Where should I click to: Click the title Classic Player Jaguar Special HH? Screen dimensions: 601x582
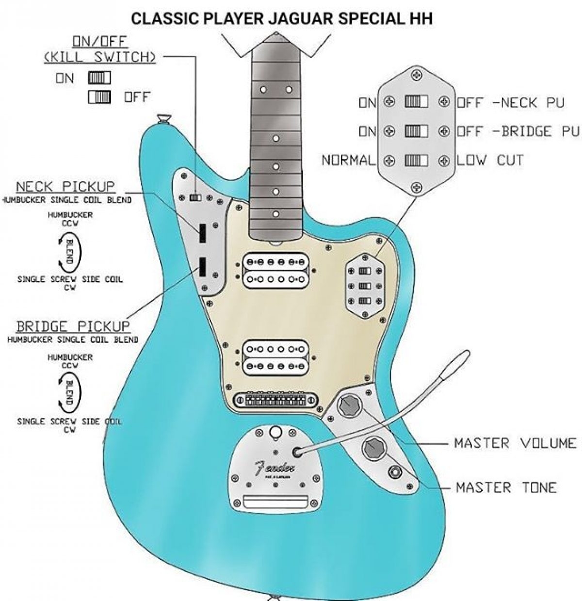click(x=282, y=18)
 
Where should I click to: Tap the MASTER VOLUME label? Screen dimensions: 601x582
click(x=515, y=443)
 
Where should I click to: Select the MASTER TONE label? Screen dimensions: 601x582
click(x=506, y=487)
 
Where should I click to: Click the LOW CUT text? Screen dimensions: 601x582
click(x=490, y=160)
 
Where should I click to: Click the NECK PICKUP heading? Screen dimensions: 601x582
click(x=65, y=187)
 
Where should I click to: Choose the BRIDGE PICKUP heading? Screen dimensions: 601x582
click(x=73, y=325)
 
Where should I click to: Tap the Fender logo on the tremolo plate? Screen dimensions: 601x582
click(x=274, y=469)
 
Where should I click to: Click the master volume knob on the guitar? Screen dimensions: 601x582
click(x=349, y=405)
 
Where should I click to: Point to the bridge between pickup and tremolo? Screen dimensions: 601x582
click(x=275, y=400)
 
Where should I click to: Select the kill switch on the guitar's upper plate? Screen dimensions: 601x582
click(x=195, y=197)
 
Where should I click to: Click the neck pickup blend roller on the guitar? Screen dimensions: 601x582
click(x=202, y=234)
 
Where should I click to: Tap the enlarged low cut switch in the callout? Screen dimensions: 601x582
click(x=417, y=161)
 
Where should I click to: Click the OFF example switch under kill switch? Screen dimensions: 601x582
click(x=99, y=97)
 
